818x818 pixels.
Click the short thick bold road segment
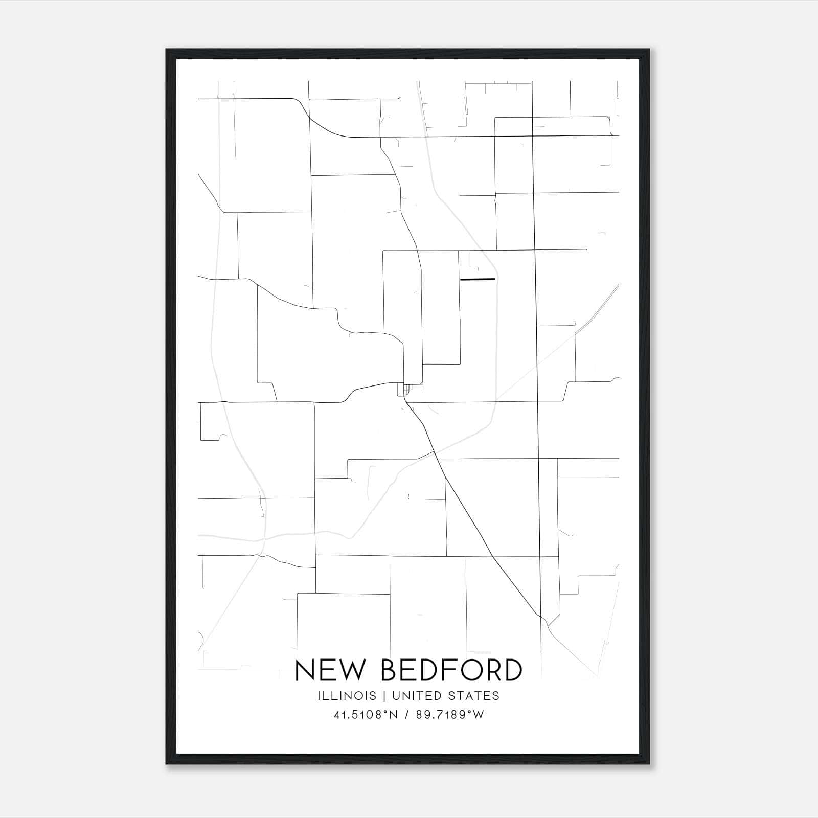point(478,279)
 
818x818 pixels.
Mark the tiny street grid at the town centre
point(405,390)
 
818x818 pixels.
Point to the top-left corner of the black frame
point(167,50)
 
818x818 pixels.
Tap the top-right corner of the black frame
point(649,50)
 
